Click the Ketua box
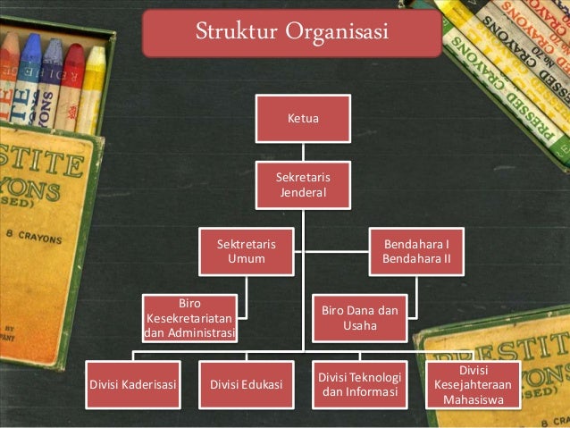pyautogui.click(x=303, y=119)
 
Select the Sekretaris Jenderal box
pyautogui.click(x=303, y=185)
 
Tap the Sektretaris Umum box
pyautogui.click(x=247, y=252)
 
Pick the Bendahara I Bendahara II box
pyautogui.click(x=416, y=252)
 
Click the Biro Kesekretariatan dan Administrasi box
pyautogui.click(x=189, y=318)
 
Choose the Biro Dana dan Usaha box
pyautogui.click(x=360, y=318)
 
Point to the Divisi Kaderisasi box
pyautogui.click(x=133, y=385)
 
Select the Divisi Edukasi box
pyautogui.click(x=247, y=385)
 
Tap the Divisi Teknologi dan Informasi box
pyautogui.click(x=360, y=385)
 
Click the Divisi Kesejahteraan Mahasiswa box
pyautogui.click(x=474, y=385)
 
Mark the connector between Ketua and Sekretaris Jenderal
pyautogui.click(x=303, y=152)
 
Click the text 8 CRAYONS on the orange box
pyautogui.click(x=34, y=237)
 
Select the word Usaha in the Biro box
pyautogui.click(x=360, y=325)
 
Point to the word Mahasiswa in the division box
pyautogui.click(x=474, y=399)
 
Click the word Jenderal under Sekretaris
pyautogui.click(x=303, y=192)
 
